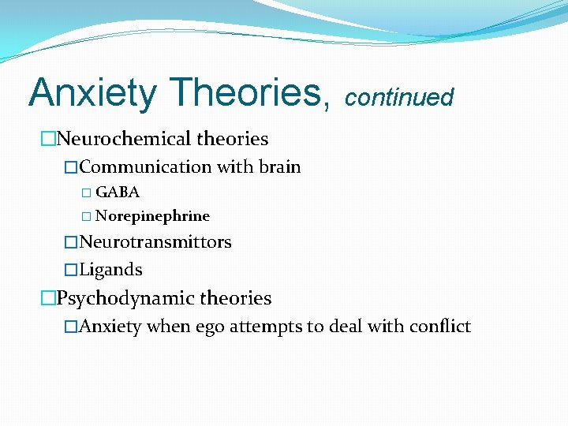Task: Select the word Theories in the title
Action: [248, 93]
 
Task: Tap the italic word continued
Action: [399, 98]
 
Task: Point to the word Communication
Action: [146, 167]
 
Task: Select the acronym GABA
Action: [118, 192]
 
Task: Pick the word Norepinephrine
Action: [152, 216]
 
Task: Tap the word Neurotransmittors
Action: [155, 242]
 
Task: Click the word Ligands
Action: [111, 270]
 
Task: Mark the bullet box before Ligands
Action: [71, 270]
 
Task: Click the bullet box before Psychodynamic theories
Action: [48, 299]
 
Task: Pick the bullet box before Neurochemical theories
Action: [48, 140]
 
